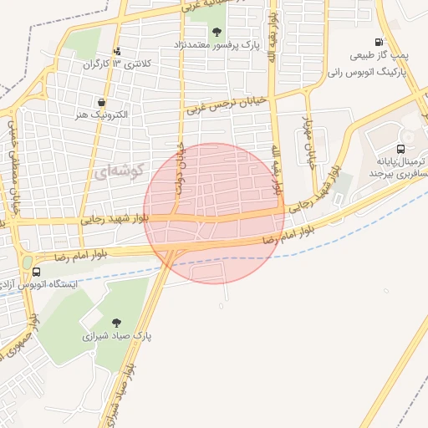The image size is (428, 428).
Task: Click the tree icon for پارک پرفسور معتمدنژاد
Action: coord(217,33)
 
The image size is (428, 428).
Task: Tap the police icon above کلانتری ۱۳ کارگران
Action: coord(116,51)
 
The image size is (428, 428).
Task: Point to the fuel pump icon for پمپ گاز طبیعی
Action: coord(380,43)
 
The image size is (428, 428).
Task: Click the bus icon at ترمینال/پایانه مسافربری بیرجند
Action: coord(400,148)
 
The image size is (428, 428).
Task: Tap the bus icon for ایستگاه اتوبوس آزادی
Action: coord(36,272)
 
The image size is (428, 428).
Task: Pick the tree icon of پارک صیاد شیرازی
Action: coord(116,322)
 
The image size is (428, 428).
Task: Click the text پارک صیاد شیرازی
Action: coord(113,338)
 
